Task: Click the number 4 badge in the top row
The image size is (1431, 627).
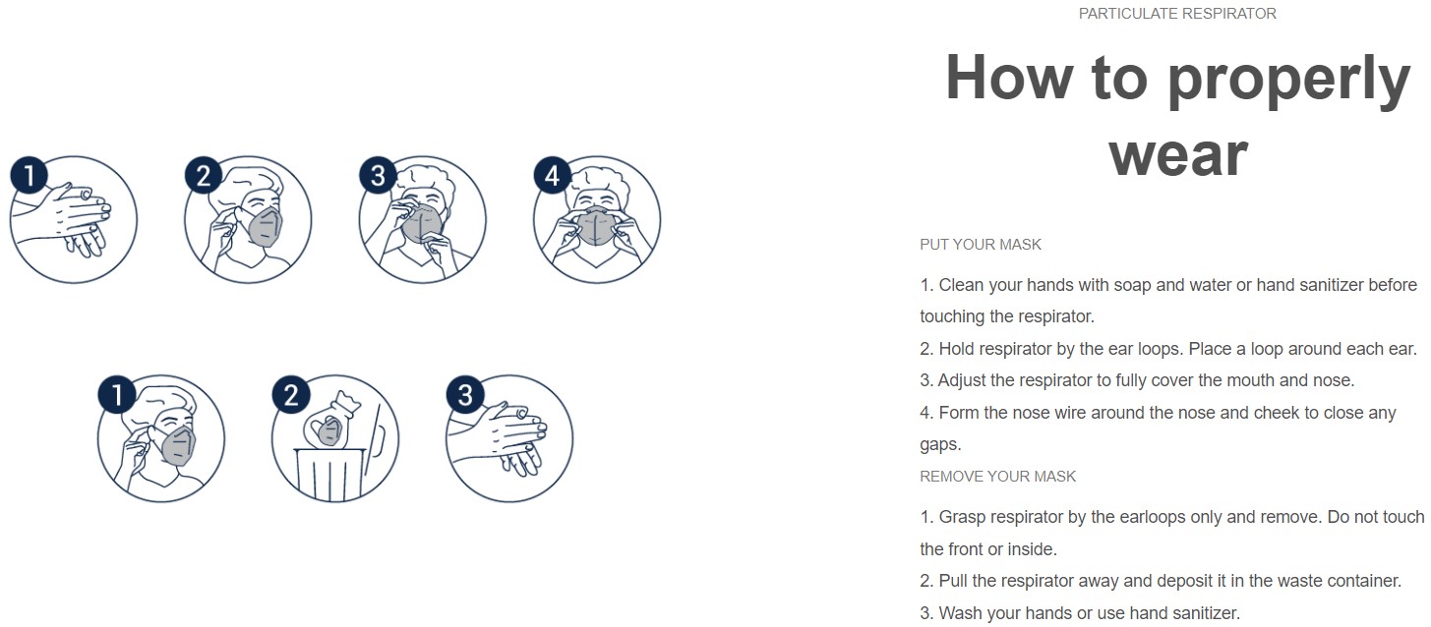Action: pyautogui.click(x=552, y=177)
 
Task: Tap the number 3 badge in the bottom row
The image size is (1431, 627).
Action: pyautogui.click(x=465, y=396)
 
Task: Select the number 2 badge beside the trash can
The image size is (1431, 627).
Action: pyautogui.click(x=291, y=396)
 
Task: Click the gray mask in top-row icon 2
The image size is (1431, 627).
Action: pyautogui.click(x=264, y=226)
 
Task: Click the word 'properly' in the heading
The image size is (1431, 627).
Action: pyautogui.click(x=1288, y=79)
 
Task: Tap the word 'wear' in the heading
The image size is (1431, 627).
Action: pyautogui.click(x=1178, y=153)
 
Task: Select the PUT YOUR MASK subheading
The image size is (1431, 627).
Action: pyautogui.click(x=980, y=245)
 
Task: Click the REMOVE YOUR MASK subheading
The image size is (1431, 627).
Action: pyautogui.click(x=997, y=477)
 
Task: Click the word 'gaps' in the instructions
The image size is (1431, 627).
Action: pyautogui.click(x=938, y=445)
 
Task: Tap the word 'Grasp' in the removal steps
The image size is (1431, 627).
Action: pyautogui.click(x=961, y=517)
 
